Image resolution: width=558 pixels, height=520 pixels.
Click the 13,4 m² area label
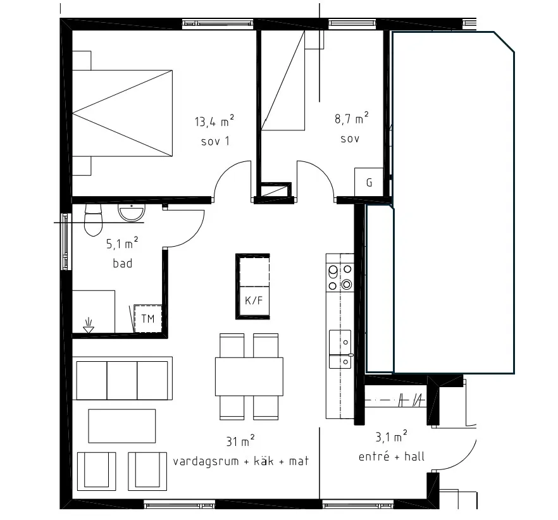click(x=214, y=121)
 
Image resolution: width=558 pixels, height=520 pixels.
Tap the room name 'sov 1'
click(x=215, y=141)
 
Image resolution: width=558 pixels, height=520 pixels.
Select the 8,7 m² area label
click(x=351, y=118)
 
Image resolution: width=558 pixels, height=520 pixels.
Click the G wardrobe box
click(x=369, y=182)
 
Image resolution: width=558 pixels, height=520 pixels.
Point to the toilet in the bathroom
click(x=93, y=220)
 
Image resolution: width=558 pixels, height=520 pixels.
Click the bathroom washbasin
click(x=132, y=213)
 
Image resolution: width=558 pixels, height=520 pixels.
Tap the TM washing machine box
click(x=147, y=318)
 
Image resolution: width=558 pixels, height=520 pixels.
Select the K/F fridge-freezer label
click(x=253, y=300)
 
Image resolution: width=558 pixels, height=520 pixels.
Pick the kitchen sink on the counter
click(x=340, y=349)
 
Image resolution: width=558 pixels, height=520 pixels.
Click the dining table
click(x=249, y=376)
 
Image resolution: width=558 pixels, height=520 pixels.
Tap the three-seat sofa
click(x=123, y=378)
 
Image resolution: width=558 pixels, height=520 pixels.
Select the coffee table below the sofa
click(x=122, y=426)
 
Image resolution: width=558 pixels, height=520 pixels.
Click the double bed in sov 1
click(x=123, y=113)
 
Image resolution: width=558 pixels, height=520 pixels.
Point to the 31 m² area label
click(x=240, y=441)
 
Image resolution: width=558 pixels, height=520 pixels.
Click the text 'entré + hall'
click(x=392, y=456)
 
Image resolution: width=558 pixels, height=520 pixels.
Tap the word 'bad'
click(x=123, y=263)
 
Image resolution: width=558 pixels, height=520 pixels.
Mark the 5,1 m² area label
click(x=122, y=244)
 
